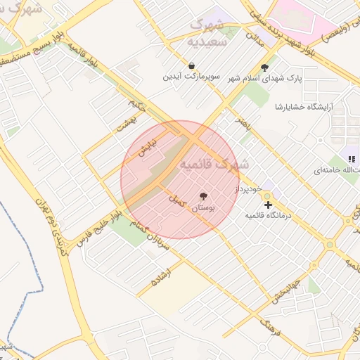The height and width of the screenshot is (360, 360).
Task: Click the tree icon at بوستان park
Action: pos(204,196)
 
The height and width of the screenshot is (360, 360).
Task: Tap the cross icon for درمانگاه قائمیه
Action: pos(268,205)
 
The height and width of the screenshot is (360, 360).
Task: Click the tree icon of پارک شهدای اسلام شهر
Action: pos(264,68)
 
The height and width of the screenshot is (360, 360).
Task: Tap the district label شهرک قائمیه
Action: pos(214,164)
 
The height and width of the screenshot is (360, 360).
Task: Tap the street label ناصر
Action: pos(243,121)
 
